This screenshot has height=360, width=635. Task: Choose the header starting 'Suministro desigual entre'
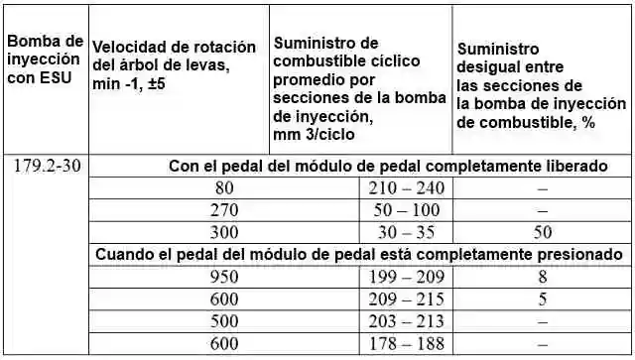[x=540, y=86]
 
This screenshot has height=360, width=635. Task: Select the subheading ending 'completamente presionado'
[x=359, y=254]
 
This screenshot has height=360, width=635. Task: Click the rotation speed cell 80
[x=225, y=187]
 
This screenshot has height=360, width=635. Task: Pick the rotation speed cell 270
[x=225, y=209]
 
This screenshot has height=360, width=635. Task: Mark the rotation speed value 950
[x=225, y=277]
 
